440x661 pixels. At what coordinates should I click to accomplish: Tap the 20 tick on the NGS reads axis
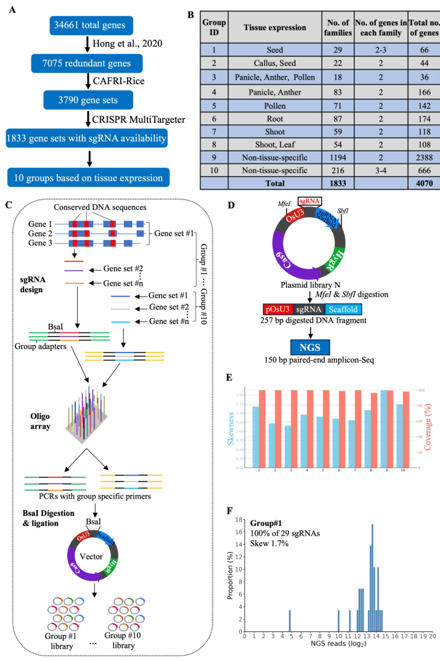(x=432, y=637)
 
